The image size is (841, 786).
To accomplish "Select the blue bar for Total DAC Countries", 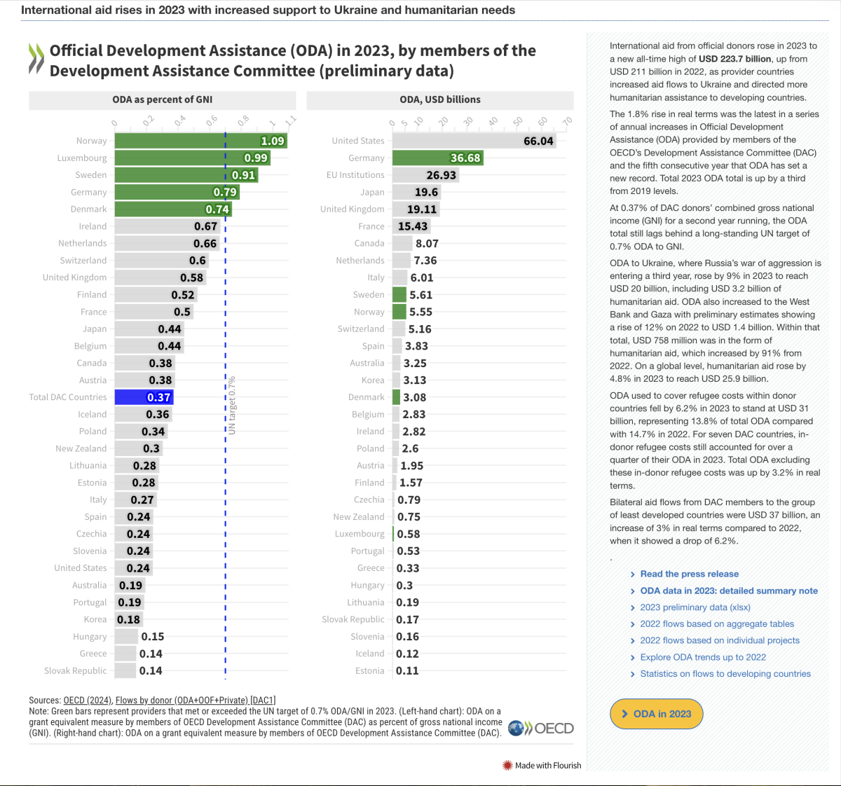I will pos(143,397).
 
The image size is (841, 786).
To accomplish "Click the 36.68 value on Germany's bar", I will pos(465,158).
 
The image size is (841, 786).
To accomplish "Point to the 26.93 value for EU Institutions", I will pos(441,175).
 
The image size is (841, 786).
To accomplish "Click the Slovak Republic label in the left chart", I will pos(76,670).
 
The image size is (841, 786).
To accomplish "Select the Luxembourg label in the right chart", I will pos(360,534).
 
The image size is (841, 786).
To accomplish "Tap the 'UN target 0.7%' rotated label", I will pos(232,406).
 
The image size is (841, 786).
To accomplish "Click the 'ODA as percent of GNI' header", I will pos(162,99).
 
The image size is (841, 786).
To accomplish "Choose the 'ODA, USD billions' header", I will pos(440,99).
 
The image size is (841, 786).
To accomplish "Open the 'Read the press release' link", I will pos(689,574).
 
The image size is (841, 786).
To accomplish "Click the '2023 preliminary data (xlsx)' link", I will pos(695,607).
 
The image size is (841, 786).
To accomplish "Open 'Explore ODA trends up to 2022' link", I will pos(702,657).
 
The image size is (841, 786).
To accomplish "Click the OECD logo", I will pos(541,729).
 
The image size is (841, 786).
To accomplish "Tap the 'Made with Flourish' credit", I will pos(542,766).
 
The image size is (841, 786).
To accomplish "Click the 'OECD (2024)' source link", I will pos(88,700).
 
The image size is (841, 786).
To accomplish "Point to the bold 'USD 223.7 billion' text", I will pos(735,59).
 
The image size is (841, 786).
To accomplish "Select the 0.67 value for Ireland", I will pos(205,226).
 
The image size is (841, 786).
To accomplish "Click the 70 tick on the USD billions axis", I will pos(567,122).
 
